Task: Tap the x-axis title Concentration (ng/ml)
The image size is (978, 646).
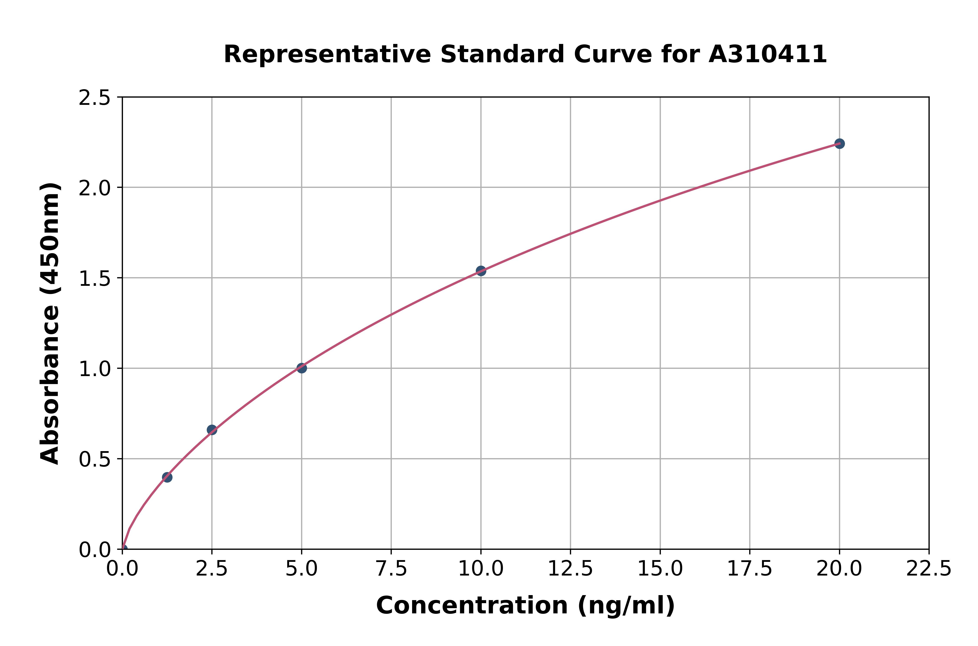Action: coord(525,606)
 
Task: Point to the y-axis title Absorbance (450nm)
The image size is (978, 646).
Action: coord(50,323)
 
